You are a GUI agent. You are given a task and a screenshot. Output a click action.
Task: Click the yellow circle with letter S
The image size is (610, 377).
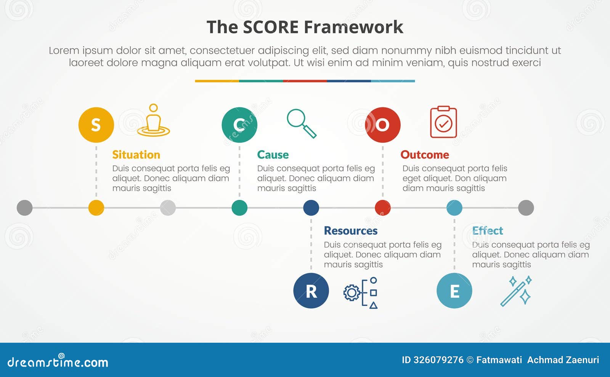click(96, 125)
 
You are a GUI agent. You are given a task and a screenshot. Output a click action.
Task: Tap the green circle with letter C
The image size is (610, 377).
click(239, 125)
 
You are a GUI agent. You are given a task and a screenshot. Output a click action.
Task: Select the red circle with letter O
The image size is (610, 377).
click(383, 125)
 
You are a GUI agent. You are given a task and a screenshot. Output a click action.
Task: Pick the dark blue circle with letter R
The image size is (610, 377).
click(311, 291)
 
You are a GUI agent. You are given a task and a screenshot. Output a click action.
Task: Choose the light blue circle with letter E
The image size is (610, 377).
click(454, 291)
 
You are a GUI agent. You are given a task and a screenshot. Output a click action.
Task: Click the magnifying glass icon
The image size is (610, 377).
click(302, 123)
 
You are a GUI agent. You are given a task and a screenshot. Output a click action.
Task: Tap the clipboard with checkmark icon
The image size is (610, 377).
click(443, 122)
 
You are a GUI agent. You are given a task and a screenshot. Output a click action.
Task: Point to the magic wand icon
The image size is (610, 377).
click(516, 291)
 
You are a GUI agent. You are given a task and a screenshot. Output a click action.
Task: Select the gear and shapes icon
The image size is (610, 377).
click(361, 292)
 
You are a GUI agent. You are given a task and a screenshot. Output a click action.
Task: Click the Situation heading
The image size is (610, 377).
click(136, 155)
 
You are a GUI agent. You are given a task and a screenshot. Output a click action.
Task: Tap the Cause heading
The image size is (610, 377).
click(273, 155)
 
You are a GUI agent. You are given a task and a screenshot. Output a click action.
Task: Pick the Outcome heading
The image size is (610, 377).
click(425, 155)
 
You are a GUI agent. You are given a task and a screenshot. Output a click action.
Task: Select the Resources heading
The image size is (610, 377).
click(351, 231)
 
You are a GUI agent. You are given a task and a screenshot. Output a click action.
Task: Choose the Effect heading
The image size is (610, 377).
click(488, 231)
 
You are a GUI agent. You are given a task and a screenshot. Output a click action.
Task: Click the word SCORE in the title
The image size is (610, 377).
click(271, 27)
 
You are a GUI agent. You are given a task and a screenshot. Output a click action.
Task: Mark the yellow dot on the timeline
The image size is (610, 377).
click(96, 208)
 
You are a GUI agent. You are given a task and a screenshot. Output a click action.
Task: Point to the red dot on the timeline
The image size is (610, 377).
click(383, 208)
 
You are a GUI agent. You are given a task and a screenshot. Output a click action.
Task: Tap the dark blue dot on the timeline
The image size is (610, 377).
click(311, 208)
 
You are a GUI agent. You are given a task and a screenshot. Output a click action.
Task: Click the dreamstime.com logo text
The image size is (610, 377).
click(58, 362)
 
